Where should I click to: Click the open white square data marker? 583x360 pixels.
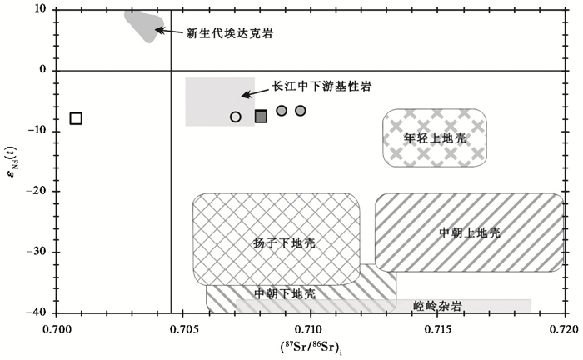[x=76, y=118]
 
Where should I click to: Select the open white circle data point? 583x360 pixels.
[x=236, y=117]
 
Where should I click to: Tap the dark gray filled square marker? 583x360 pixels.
[x=261, y=117]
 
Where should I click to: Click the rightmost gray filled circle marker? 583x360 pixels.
[x=301, y=111]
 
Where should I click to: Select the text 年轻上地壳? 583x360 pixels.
[x=434, y=137]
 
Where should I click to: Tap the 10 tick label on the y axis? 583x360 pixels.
[x=39, y=10]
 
